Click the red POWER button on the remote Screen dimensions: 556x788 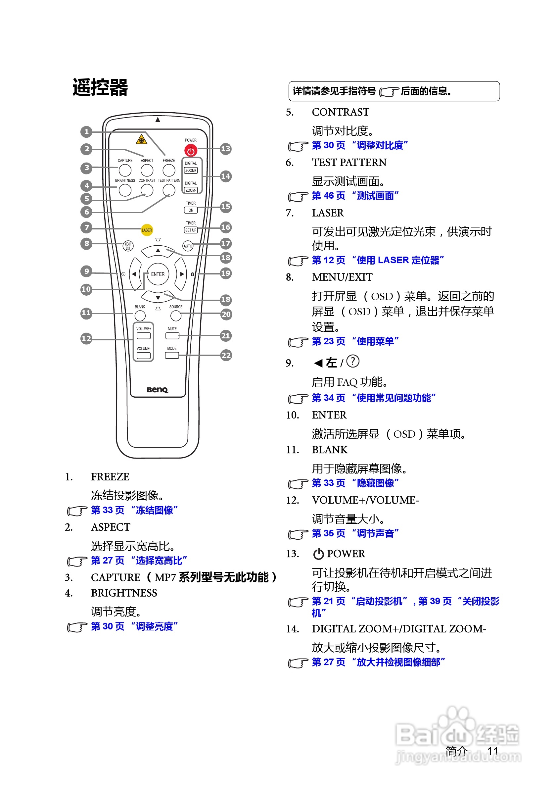pyautogui.click(x=191, y=150)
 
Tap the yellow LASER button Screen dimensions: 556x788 pyautogui.click(x=147, y=230)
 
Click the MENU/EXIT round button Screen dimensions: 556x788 pyautogui.click(x=128, y=246)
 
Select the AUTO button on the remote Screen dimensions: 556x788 pyautogui.click(x=188, y=246)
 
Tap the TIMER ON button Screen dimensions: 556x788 pyautogui.click(x=191, y=210)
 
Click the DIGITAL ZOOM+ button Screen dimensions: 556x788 pyautogui.click(x=191, y=170)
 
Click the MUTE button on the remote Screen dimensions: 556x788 pyautogui.click(x=172, y=336)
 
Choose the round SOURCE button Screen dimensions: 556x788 pyautogui.click(x=176, y=315)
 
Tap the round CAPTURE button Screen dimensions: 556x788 pyautogui.click(x=125, y=170)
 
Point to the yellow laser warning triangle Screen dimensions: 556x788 pyautogui.click(x=141, y=140)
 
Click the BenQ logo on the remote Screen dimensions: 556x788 pyautogui.click(x=158, y=390)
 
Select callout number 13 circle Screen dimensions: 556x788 pyautogui.click(x=225, y=149)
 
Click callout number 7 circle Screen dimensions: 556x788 pyautogui.click(x=86, y=227)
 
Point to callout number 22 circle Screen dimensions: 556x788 pyautogui.click(x=226, y=355)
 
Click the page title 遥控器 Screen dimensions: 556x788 pyautogui.click(x=100, y=87)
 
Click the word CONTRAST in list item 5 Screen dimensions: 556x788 pyautogui.click(x=340, y=112)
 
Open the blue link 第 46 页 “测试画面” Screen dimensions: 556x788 pyautogui.click(x=355, y=196)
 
